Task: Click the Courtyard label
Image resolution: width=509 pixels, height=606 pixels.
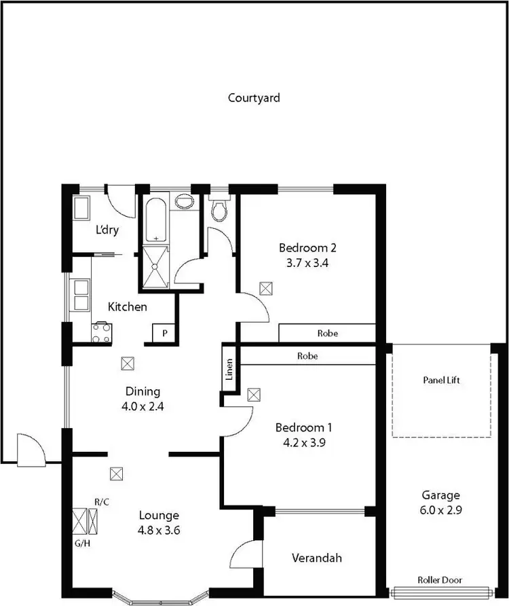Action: click(x=254, y=98)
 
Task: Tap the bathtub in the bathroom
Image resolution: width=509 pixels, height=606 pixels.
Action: click(x=156, y=219)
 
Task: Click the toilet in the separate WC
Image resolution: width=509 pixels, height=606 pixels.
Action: click(x=219, y=210)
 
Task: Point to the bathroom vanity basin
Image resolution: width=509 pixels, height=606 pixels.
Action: click(x=183, y=202)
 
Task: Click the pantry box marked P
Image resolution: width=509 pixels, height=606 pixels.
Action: click(x=164, y=334)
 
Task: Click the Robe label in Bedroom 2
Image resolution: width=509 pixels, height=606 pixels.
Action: click(x=327, y=334)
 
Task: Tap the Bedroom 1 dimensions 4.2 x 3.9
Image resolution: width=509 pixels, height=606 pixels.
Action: click(x=303, y=442)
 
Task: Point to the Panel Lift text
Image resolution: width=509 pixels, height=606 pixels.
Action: click(x=441, y=380)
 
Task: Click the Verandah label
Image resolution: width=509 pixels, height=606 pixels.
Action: click(x=316, y=558)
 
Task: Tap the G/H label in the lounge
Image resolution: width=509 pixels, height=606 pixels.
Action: click(x=79, y=543)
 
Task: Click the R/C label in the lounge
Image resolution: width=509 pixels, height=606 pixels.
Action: click(x=102, y=502)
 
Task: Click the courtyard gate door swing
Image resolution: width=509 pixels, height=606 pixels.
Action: click(x=31, y=449)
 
